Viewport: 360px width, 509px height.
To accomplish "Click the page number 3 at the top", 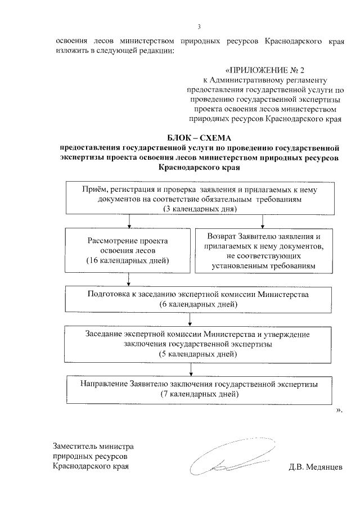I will pos(200,26).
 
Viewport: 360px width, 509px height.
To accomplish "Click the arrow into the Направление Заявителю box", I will pos(192,371).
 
